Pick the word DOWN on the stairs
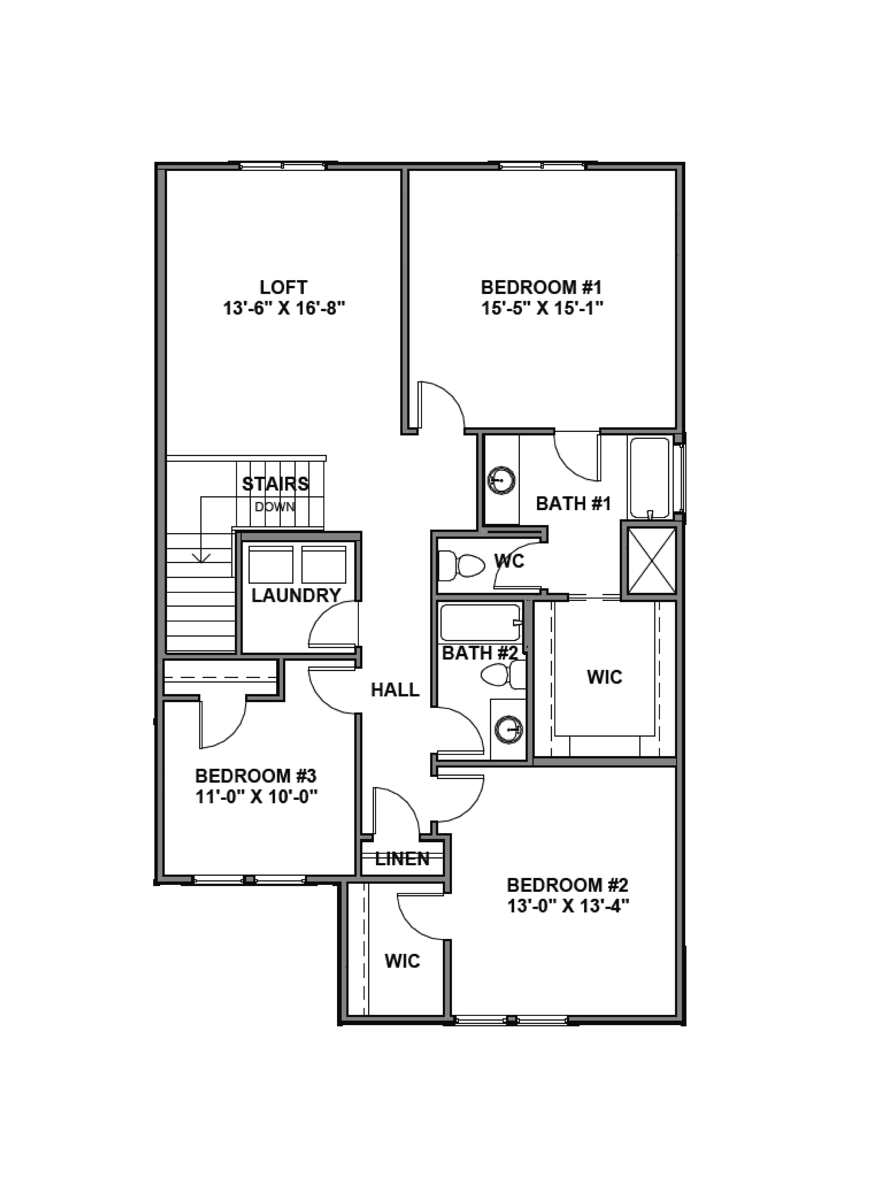[274, 507]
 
